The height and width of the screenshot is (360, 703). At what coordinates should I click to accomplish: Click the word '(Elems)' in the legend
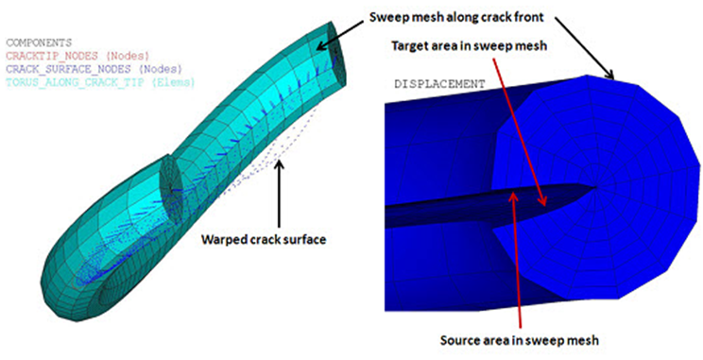pyautogui.click(x=176, y=82)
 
